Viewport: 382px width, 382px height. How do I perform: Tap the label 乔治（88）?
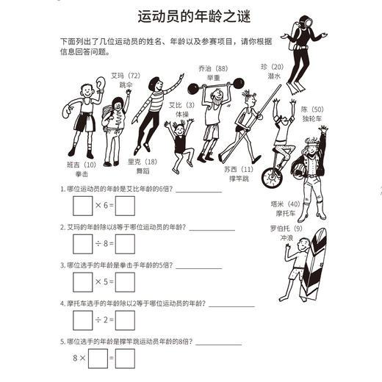212,67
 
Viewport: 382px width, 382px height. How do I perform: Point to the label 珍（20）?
272,66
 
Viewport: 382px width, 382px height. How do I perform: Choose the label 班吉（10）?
81,165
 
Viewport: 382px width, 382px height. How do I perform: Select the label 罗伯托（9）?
285,228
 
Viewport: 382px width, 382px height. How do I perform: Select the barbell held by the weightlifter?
215,87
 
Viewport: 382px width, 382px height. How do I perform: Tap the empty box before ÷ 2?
82,320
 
